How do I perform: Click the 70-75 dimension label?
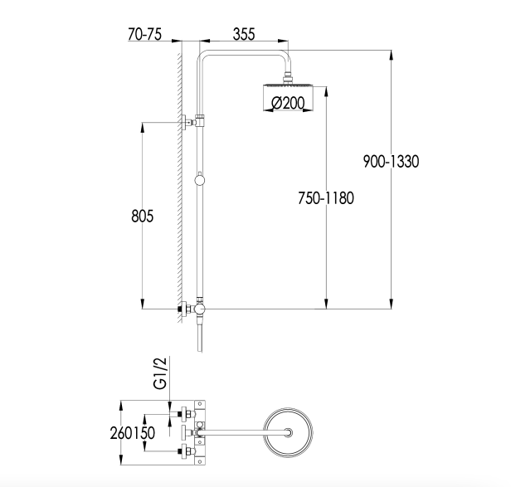point(144,34)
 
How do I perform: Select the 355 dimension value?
point(244,34)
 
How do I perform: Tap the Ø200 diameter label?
point(288,103)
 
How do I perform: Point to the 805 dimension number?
point(142,216)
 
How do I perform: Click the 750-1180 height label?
point(326,198)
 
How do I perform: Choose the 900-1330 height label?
point(391,162)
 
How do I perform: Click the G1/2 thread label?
point(160,373)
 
